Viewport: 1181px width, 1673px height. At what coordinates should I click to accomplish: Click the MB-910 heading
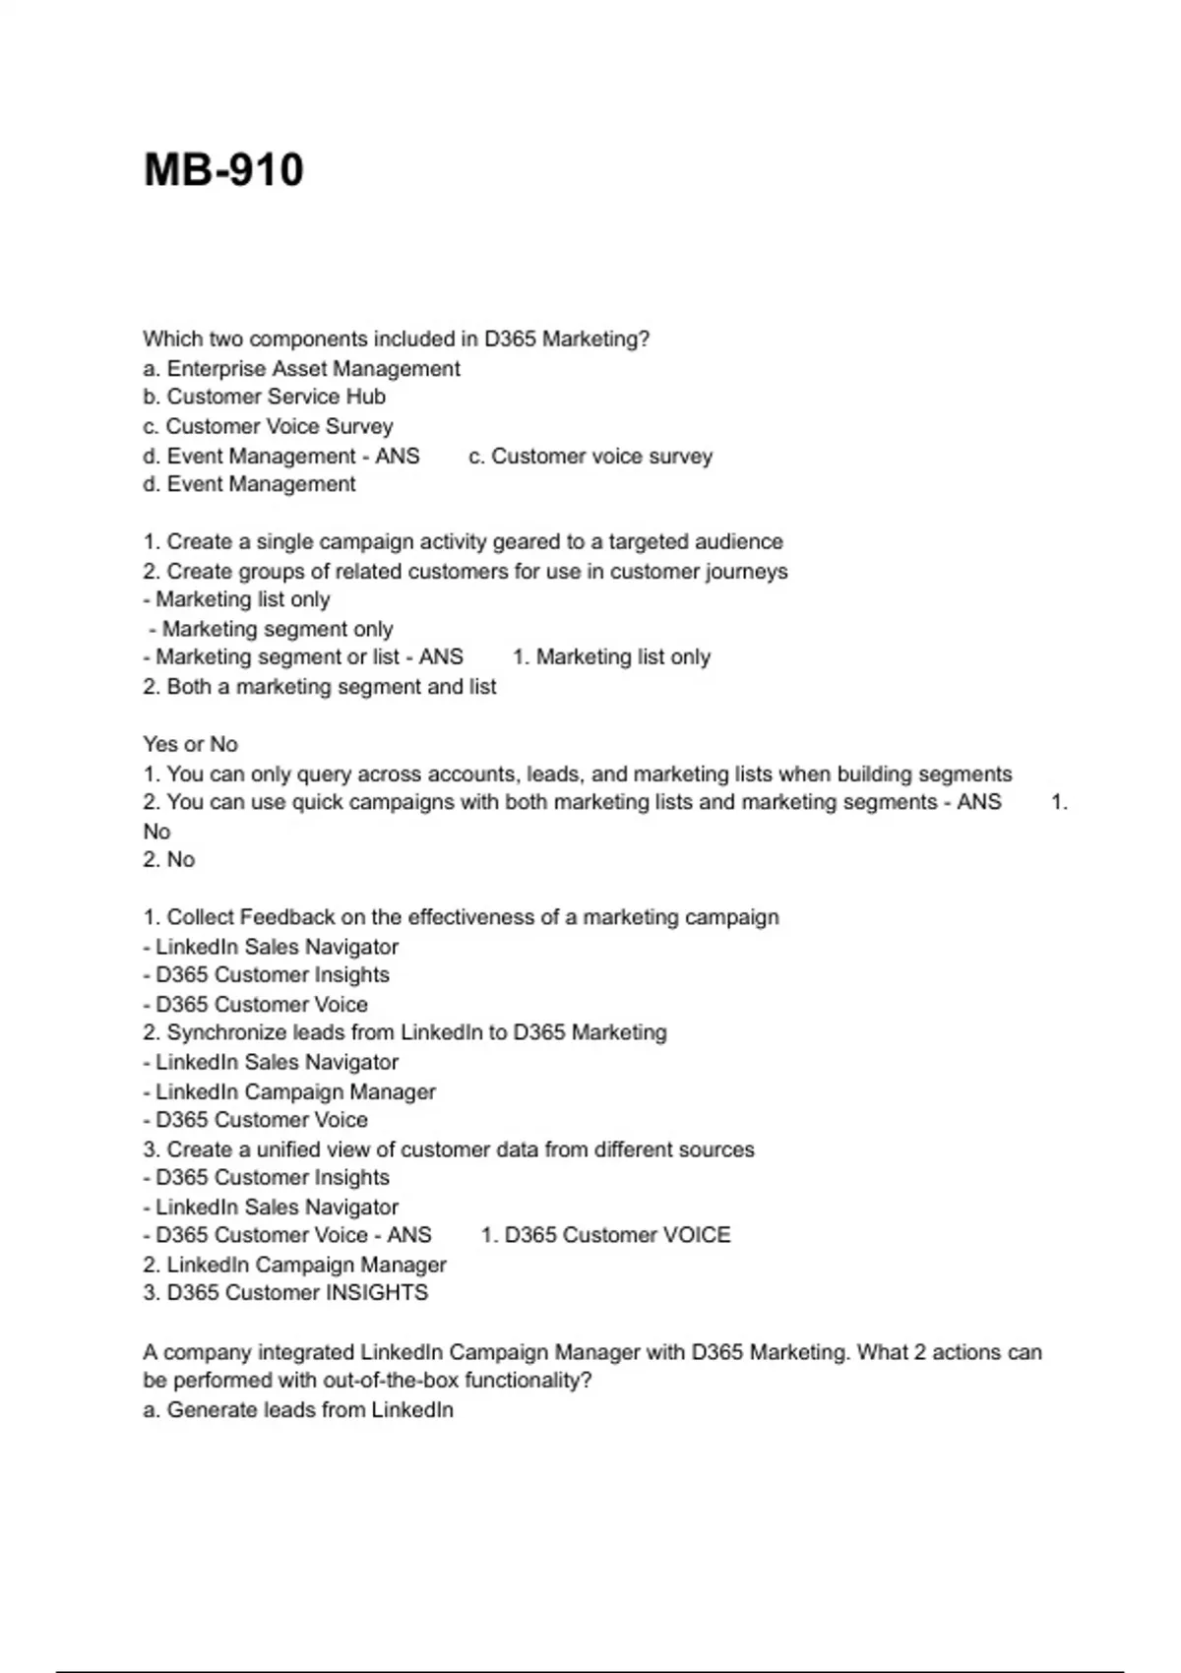pos(223,170)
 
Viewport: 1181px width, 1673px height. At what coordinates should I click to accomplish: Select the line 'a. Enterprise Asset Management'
pos(301,369)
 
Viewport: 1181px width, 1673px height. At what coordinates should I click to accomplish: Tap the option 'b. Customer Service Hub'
pos(264,398)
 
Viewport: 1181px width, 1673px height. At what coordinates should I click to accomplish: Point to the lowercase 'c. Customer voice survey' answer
pos(590,457)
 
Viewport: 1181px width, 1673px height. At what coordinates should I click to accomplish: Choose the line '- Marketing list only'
pos(236,600)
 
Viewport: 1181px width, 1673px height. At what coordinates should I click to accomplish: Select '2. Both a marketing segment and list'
pos(319,687)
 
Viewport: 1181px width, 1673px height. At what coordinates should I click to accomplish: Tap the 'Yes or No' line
pos(190,745)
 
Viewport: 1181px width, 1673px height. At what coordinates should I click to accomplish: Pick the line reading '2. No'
pos(169,860)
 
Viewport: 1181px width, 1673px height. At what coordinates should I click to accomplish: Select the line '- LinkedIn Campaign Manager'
pos(289,1092)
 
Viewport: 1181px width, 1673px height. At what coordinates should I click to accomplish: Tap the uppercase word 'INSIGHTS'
pos(378,1293)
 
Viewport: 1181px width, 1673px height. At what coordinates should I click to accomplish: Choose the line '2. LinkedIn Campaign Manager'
pos(294,1266)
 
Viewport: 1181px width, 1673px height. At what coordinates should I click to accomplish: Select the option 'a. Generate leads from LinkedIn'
pos(298,1410)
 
